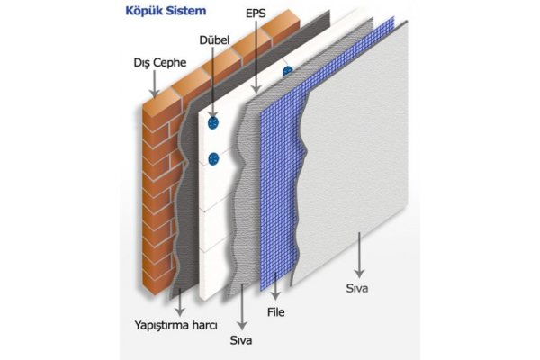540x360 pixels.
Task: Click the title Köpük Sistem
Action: coord(166,11)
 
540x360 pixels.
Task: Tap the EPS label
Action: coord(256,13)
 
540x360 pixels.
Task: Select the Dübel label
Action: coord(214,40)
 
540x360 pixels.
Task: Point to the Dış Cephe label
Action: coord(160,63)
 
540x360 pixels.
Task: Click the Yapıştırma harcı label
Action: coord(176,325)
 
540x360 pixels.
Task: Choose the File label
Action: coord(276,312)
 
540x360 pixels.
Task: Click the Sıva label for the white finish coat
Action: coord(357,288)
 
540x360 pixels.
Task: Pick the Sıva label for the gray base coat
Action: coord(241,340)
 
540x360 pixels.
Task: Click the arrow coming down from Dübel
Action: coord(213,84)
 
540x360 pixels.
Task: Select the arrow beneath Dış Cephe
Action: coord(154,84)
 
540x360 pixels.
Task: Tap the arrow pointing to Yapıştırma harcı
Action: coord(180,302)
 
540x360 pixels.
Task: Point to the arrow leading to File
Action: coord(275,286)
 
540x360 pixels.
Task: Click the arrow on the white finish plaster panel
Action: coord(359,255)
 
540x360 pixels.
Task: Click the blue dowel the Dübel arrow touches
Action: coord(213,122)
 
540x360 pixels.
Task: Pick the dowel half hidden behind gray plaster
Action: coord(288,72)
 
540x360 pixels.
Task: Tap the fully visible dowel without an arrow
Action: coord(213,159)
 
